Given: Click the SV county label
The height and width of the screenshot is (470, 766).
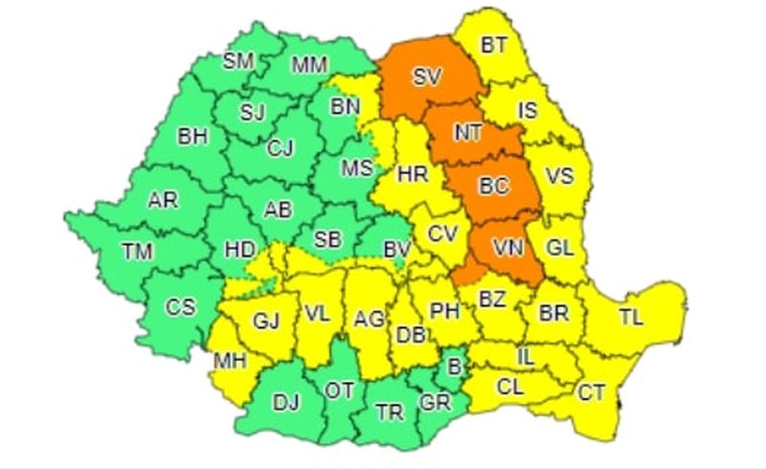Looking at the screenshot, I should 427,78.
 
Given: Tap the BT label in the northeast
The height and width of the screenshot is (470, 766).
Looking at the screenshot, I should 494,45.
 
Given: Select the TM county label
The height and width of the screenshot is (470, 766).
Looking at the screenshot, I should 138,252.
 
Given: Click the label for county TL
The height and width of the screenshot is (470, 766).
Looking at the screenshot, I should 632,316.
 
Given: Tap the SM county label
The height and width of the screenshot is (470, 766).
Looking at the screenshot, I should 237,62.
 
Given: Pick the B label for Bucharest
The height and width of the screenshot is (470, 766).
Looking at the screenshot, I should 453,365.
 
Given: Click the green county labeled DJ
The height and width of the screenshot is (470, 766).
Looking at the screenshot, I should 286,403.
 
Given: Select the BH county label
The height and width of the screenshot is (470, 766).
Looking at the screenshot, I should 192,136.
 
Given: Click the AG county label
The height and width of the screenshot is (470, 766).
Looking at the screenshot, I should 369,318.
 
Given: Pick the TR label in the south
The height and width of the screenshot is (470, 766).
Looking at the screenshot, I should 389,413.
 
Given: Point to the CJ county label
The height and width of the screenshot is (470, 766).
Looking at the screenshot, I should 280,147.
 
